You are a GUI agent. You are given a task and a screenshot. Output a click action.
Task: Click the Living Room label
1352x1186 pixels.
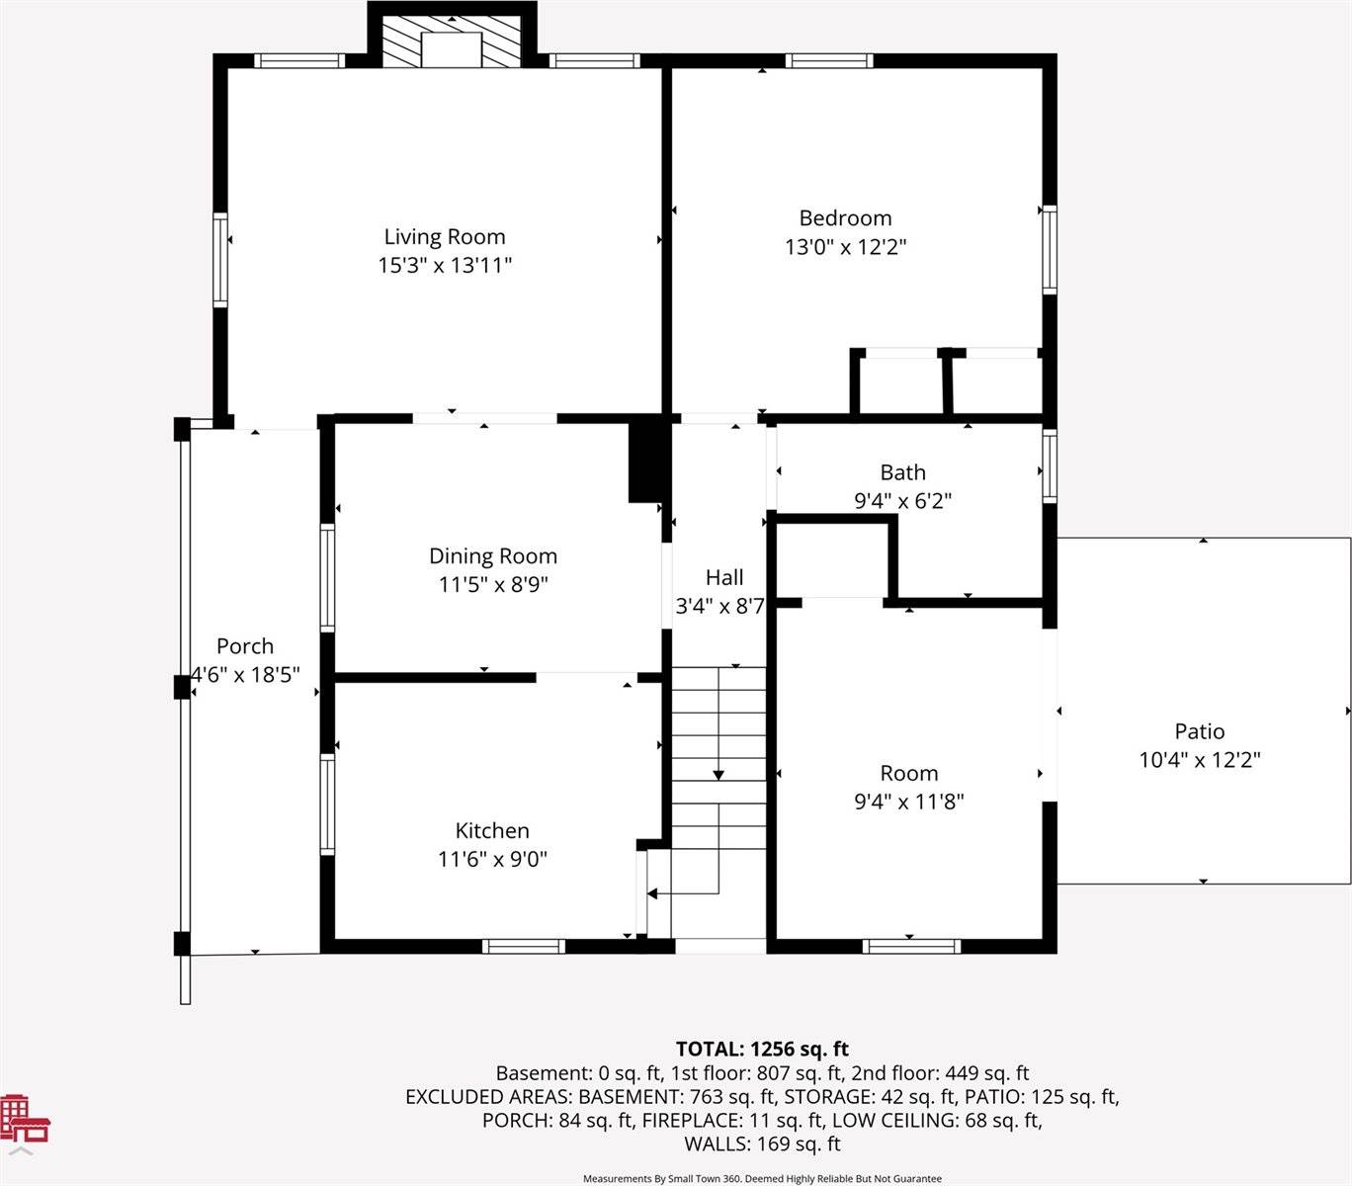(445, 237)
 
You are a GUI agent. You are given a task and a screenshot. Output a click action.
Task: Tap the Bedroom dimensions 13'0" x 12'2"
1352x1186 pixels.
(845, 247)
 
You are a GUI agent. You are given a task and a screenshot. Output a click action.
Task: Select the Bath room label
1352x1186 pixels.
(902, 472)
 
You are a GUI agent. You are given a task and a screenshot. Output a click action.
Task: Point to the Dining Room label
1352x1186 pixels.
(492, 556)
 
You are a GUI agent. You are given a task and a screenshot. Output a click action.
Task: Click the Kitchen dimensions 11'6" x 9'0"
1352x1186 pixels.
(492, 859)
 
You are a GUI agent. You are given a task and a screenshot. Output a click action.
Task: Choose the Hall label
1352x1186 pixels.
(724, 578)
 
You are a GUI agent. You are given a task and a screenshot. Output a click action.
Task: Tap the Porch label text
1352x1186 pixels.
(245, 646)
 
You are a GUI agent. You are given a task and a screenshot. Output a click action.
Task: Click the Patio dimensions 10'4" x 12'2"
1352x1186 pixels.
(1200, 760)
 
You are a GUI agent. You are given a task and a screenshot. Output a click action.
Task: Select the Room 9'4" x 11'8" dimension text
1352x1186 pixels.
(908, 802)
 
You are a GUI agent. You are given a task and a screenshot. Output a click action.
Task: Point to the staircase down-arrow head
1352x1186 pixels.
(718, 775)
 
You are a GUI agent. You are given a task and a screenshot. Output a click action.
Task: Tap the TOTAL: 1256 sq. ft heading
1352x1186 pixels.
(762, 1050)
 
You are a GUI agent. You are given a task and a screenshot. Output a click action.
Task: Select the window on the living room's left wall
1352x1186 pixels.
(220, 259)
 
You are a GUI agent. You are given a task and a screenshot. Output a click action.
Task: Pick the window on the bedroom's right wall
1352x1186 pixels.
(1050, 249)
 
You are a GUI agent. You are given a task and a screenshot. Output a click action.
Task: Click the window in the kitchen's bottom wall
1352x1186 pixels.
(524, 946)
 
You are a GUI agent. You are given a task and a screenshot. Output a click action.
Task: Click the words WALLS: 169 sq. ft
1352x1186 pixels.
(762, 1144)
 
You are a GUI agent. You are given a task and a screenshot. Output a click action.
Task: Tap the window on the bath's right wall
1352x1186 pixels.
(1050, 466)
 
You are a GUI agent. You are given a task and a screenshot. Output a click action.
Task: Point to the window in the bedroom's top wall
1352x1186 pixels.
(829, 61)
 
